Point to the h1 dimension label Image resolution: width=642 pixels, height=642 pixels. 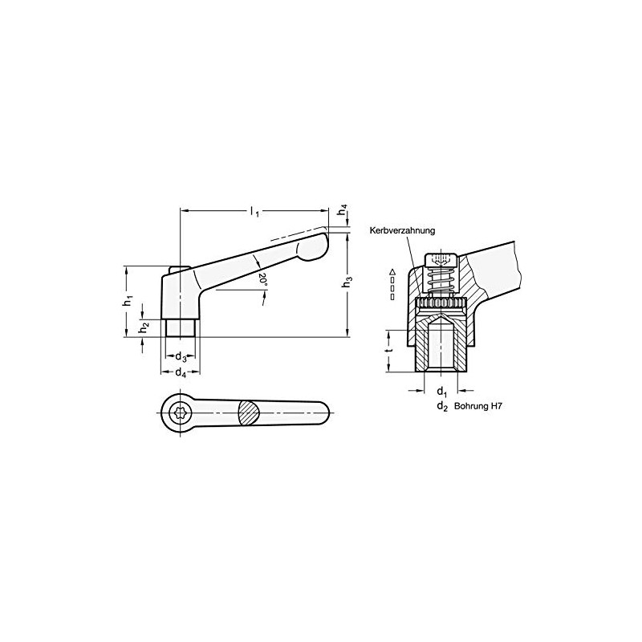tap(128, 300)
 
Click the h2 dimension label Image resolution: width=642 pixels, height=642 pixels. tap(144, 327)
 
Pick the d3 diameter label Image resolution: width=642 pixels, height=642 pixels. tap(181, 357)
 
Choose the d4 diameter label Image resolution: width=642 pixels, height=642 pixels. tap(181, 373)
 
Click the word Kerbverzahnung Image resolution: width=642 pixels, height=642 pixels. tap(402, 230)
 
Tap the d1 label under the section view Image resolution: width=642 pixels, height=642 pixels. tap(441, 392)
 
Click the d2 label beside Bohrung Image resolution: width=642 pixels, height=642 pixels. tap(441, 407)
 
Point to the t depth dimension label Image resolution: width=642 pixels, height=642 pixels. tap(388, 350)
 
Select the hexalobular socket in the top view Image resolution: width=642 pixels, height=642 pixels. tap(181, 414)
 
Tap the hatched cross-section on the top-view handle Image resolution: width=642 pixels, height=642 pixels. tap(250, 414)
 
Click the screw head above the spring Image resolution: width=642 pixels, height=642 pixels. tap(441, 261)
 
